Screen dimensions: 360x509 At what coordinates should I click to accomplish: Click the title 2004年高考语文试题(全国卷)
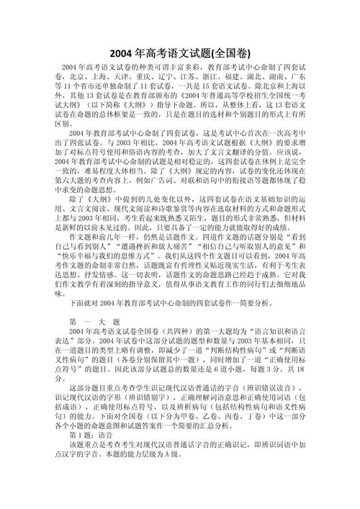click(x=180, y=53)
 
